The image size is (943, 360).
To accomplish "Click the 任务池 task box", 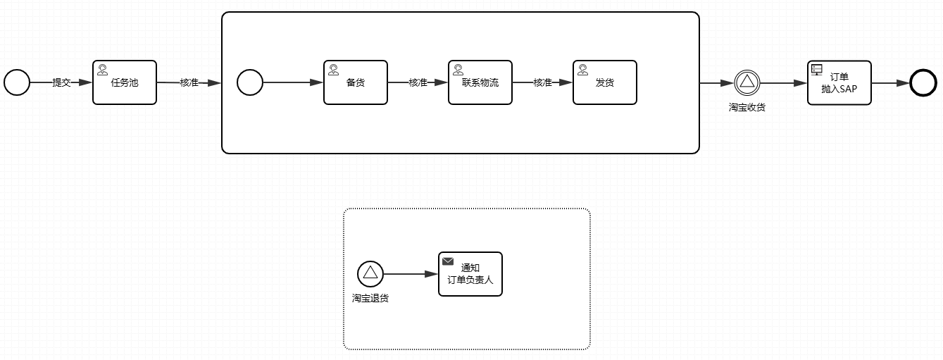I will tap(125, 82).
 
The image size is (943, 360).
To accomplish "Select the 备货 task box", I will tap(356, 82).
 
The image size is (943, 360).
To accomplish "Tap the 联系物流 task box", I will tap(480, 82).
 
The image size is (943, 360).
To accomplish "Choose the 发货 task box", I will tap(605, 82).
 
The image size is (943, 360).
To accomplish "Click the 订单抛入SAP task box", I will tap(839, 82).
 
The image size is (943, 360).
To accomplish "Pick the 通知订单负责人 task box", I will tap(470, 274).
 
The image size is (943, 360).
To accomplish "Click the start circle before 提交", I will tap(17, 82).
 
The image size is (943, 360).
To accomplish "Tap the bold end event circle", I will tap(923, 82).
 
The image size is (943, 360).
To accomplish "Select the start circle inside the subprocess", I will tap(249, 82).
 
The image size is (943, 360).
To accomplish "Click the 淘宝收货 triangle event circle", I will tap(747, 82).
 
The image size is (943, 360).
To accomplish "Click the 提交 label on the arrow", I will tap(62, 82).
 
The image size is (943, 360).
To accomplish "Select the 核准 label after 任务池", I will tap(189, 82).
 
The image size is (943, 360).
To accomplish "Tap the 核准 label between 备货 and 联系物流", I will tap(418, 82).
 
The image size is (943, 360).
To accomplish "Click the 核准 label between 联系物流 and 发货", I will tap(542, 82).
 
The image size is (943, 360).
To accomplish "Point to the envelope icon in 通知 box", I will tap(448, 261).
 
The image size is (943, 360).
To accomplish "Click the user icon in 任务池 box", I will tap(103, 70).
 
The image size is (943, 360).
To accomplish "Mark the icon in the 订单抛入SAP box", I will tap(817, 69).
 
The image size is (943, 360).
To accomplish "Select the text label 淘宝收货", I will tap(747, 107).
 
